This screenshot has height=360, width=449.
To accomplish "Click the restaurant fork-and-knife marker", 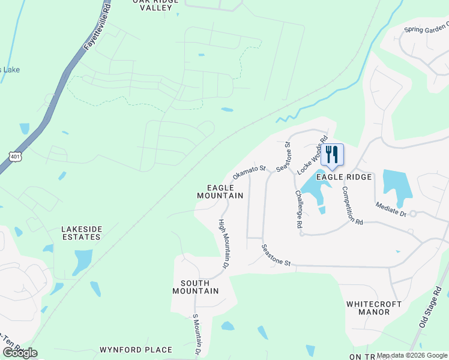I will click(x=332, y=155).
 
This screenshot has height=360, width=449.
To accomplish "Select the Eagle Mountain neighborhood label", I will click(x=220, y=191).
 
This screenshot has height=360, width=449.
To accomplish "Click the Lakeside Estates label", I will click(x=81, y=233).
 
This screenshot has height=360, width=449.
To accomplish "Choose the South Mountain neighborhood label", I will click(x=195, y=287).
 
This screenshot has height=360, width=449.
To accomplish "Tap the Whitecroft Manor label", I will click(x=374, y=308).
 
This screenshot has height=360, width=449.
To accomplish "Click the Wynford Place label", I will click(x=136, y=349).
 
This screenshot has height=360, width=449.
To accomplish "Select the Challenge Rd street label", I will click(x=298, y=209).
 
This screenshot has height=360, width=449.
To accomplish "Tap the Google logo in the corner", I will click(x=20, y=353).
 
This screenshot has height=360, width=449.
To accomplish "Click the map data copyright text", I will click(x=412, y=355).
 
